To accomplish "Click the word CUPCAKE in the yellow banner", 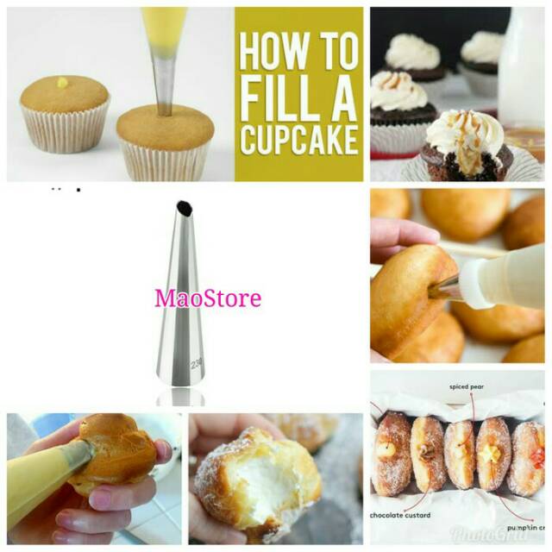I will pos(299,138).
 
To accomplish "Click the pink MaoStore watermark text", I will pos(208,298).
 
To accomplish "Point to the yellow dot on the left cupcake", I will pos(62,83).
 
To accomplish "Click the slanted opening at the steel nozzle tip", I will pos(183,208).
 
